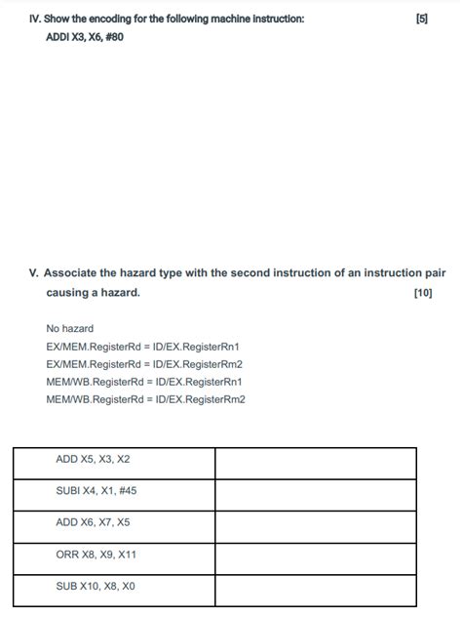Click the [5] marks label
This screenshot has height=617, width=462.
(421, 19)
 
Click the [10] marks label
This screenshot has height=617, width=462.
(423, 292)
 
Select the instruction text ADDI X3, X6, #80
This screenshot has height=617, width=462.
(85, 37)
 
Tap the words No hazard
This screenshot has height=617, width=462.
(70, 329)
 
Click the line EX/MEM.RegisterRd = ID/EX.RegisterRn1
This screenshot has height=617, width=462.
(142, 347)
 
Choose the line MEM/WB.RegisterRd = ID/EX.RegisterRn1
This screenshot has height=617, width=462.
(143, 382)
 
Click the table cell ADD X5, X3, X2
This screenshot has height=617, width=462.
(93, 459)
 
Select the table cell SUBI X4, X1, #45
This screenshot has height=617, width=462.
(96, 491)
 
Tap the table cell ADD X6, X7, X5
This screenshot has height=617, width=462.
(93, 522)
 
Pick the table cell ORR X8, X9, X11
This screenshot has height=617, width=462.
(96, 555)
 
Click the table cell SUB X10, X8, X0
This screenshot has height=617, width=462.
(96, 587)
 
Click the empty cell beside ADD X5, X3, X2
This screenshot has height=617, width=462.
(316, 463)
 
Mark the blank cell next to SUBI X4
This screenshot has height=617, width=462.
(316, 495)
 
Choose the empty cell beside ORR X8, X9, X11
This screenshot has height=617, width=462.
(316, 558)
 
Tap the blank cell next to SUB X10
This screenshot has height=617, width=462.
(316, 590)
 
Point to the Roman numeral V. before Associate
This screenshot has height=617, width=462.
(34, 273)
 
